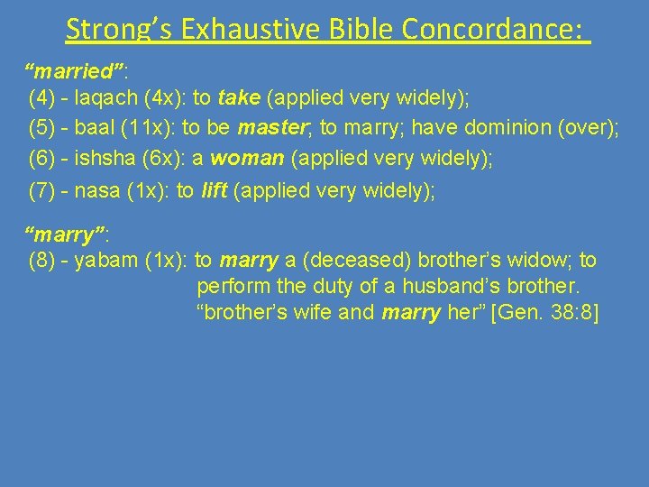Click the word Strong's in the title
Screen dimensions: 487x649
click(x=120, y=29)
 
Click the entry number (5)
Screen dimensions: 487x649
click(x=43, y=128)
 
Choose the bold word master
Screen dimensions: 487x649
click(x=269, y=128)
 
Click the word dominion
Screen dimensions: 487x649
click(x=511, y=128)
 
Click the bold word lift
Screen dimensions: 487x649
click(x=213, y=190)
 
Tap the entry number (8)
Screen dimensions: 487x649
click(x=43, y=261)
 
